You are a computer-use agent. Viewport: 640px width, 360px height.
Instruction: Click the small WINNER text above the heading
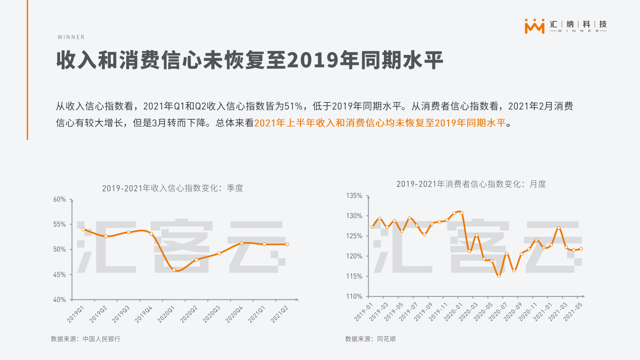click(x=71, y=37)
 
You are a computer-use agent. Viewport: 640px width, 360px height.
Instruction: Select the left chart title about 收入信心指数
click(x=173, y=188)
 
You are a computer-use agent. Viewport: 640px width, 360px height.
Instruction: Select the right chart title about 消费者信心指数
click(x=471, y=184)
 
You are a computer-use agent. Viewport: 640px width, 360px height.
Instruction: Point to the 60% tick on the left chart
click(x=59, y=200)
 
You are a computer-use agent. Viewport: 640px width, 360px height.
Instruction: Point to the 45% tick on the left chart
click(x=59, y=275)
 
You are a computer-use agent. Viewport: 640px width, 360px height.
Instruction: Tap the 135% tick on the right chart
click(x=354, y=196)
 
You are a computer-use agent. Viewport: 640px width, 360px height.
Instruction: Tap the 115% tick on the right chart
click(x=354, y=276)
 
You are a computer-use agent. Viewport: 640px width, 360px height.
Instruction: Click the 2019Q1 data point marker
click(x=83, y=229)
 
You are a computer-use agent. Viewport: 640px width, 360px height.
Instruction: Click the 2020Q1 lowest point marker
click(x=174, y=270)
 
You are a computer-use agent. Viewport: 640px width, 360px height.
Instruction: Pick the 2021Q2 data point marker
click(x=287, y=244)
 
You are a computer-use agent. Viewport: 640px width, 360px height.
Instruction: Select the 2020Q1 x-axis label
click(x=166, y=314)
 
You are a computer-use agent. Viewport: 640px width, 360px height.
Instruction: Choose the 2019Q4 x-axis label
click(x=144, y=314)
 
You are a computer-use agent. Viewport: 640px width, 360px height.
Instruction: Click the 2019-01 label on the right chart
click(x=364, y=312)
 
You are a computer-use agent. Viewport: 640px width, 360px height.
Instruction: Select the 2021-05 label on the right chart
click(x=573, y=312)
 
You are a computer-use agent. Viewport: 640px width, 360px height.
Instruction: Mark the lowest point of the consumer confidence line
click(x=499, y=276)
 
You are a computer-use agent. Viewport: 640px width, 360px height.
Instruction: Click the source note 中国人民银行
click(x=101, y=339)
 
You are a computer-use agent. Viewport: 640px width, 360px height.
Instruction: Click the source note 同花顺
click(x=386, y=339)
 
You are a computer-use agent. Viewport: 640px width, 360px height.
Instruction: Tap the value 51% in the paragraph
click(x=293, y=106)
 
